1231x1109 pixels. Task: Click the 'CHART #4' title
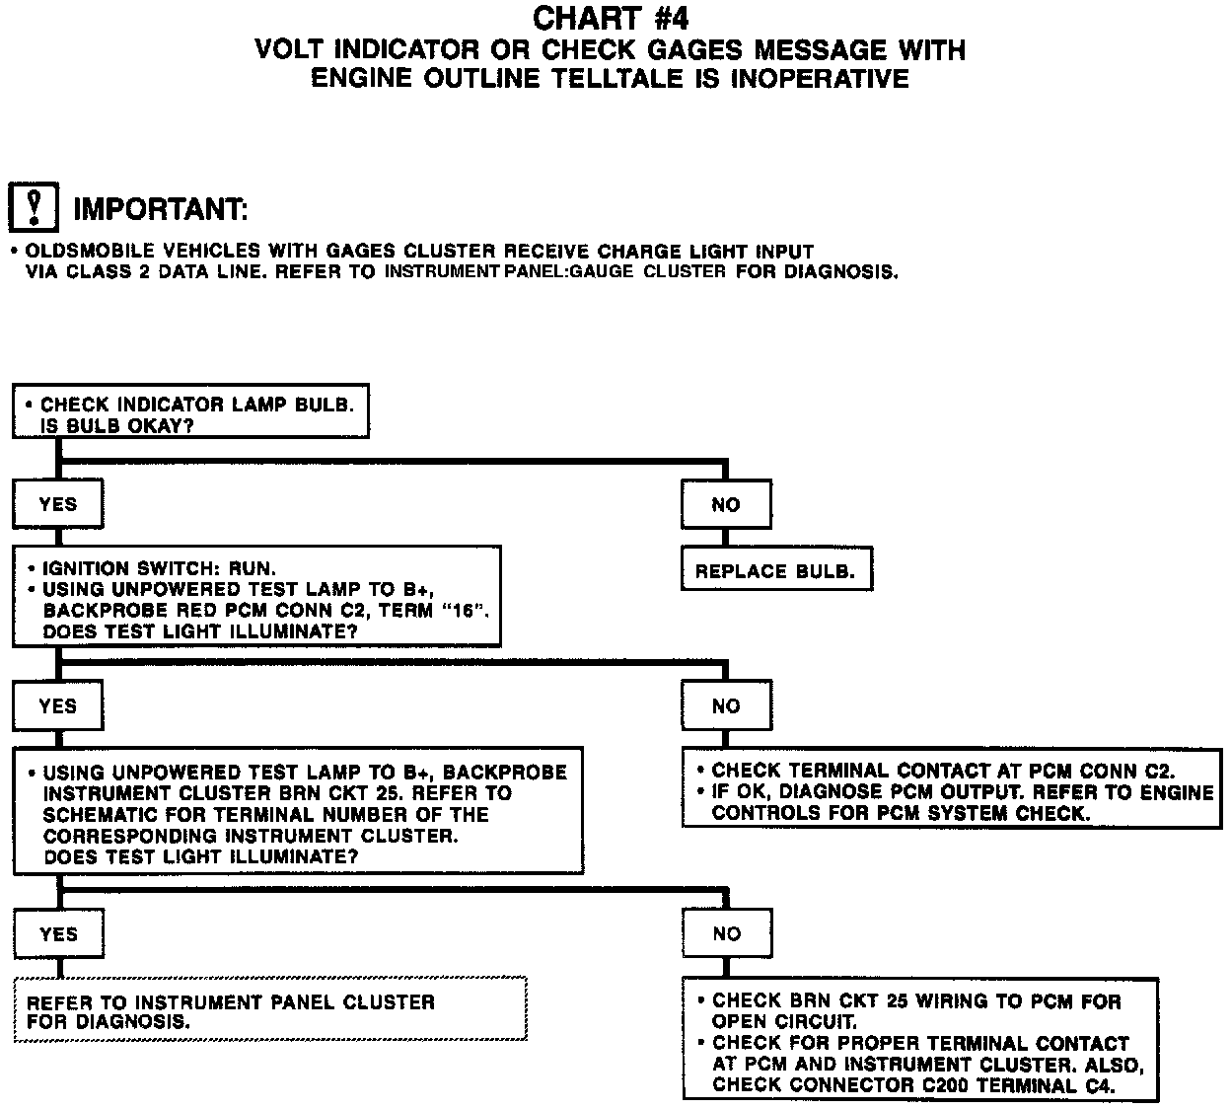click(611, 18)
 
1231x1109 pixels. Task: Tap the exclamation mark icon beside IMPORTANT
click(34, 207)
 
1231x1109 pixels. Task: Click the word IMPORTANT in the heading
click(160, 209)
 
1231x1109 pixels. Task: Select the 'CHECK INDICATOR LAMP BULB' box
click(190, 412)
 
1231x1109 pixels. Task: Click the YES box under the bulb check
click(57, 505)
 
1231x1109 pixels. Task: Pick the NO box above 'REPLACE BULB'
click(726, 505)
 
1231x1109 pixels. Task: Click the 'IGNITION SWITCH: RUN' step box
click(256, 597)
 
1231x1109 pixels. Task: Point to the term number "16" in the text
click(465, 611)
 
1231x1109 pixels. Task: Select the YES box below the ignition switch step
click(57, 706)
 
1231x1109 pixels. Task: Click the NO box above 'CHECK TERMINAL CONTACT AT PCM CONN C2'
click(726, 706)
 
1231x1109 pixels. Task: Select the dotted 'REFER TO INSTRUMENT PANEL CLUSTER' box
click(270, 1009)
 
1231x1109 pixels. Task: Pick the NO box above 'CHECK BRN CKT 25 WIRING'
click(726, 934)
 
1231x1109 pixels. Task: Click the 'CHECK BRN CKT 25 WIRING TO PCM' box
click(919, 1041)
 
